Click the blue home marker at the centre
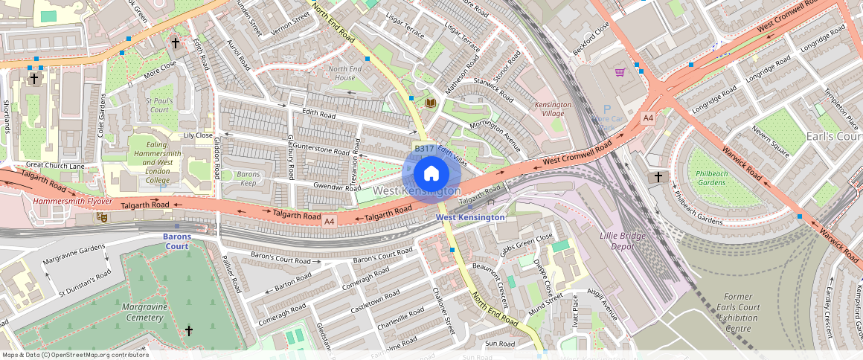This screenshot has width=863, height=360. point(431,175)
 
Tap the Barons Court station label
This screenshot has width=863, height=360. point(177,241)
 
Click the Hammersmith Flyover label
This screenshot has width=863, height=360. point(72,202)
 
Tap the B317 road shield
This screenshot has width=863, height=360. point(424,149)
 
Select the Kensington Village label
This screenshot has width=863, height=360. point(553,109)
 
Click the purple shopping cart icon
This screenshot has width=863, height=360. point(620,72)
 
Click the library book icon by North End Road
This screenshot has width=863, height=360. point(430,102)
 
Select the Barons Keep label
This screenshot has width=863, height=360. point(248,179)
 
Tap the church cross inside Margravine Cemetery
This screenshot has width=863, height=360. point(189,330)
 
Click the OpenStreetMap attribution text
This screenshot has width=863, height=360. point(75,355)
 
